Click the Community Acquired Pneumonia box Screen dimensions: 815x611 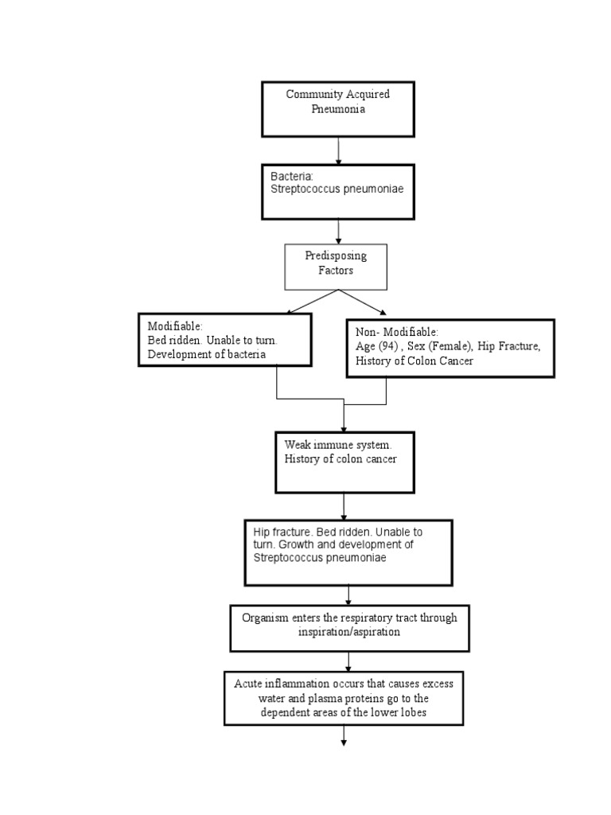(x=338, y=108)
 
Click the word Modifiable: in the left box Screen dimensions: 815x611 (x=175, y=326)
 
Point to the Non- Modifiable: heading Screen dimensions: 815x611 (x=397, y=332)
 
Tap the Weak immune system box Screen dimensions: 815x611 (x=343, y=462)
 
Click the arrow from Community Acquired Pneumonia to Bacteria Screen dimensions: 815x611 (x=339, y=150)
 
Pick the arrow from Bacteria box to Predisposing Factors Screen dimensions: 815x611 (x=339, y=231)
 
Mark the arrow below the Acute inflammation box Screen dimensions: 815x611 (x=344, y=735)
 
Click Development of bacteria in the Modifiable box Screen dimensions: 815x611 (x=207, y=354)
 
